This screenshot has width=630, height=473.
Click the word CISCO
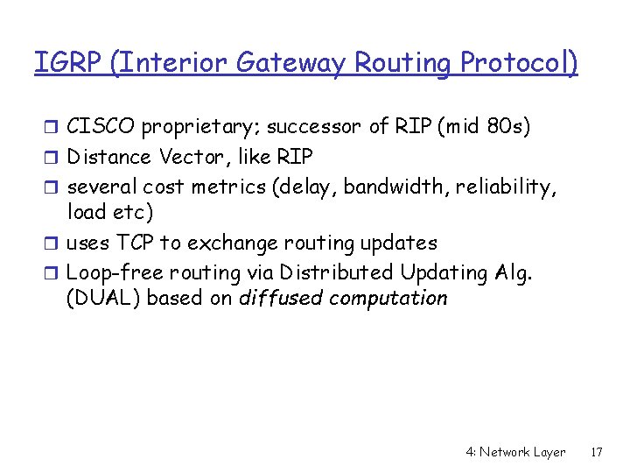(x=101, y=127)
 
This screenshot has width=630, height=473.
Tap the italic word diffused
(x=281, y=299)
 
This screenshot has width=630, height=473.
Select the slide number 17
(x=597, y=453)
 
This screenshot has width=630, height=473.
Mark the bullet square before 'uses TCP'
(x=54, y=243)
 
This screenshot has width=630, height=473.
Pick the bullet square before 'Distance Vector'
(x=54, y=157)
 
